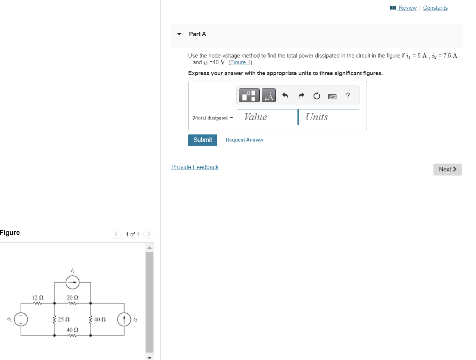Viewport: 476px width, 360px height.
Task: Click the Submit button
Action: (x=202, y=140)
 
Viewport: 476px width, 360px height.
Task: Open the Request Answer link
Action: (x=245, y=140)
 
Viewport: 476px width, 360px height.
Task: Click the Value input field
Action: (x=267, y=117)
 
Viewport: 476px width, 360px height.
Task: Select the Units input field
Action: (x=329, y=117)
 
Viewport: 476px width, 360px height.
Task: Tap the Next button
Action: (x=447, y=170)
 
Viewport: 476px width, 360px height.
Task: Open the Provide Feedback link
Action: (x=195, y=167)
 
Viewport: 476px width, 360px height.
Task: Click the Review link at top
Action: (x=407, y=8)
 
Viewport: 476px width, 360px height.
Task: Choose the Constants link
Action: (x=435, y=8)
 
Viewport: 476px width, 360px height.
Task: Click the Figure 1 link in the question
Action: (x=240, y=63)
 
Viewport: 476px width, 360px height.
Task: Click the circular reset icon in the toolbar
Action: (x=317, y=96)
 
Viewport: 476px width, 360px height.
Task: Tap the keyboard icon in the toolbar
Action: (x=332, y=96)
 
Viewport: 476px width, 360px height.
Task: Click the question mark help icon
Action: (x=348, y=96)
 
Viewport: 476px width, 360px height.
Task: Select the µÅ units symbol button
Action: (x=269, y=96)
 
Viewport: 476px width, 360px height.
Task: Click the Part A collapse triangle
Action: (x=179, y=34)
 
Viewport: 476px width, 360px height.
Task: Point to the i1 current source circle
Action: (x=72, y=282)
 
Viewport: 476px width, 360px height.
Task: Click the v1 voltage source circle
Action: (x=21, y=319)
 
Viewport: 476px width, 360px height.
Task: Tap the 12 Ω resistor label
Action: (x=37, y=298)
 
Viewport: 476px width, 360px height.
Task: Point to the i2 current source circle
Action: (x=124, y=319)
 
